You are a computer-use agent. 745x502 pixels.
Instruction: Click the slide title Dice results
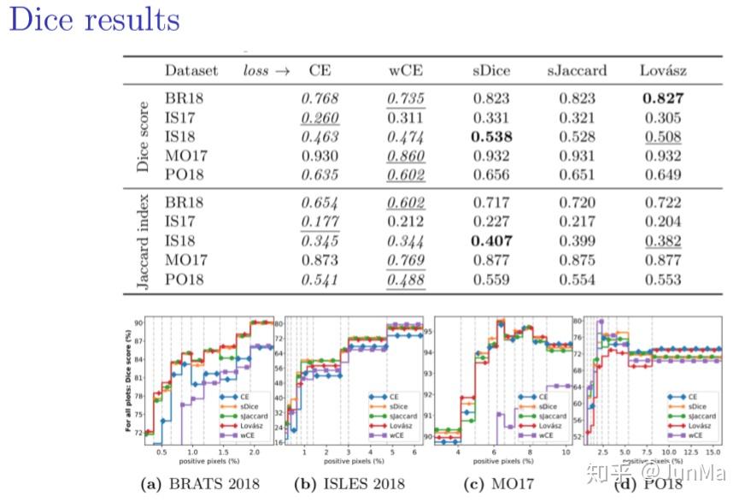(95, 20)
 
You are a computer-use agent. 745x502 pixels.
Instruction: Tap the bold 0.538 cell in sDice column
(492, 137)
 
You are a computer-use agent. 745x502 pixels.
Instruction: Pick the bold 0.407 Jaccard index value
(492, 241)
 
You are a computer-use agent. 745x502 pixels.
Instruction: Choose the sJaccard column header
(578, 70)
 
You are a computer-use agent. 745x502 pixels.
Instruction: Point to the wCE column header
(405, 70)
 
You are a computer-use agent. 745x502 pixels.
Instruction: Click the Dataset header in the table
(191, 70)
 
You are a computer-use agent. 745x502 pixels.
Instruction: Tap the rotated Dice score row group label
(143, 137)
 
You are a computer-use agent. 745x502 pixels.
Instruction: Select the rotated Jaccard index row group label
(143, 241)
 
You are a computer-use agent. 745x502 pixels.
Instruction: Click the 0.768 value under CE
(320, 98)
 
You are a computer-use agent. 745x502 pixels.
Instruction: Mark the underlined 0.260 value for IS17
(320, 117)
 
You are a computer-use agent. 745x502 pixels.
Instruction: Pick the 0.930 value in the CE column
(320, 156)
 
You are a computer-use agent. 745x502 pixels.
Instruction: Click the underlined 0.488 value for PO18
(405, 279)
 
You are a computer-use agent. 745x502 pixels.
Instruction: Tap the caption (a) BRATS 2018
(200, 483)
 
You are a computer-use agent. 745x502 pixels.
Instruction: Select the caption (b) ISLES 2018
(350, 483)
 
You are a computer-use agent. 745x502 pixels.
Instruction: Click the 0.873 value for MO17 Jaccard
(320, 260)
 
